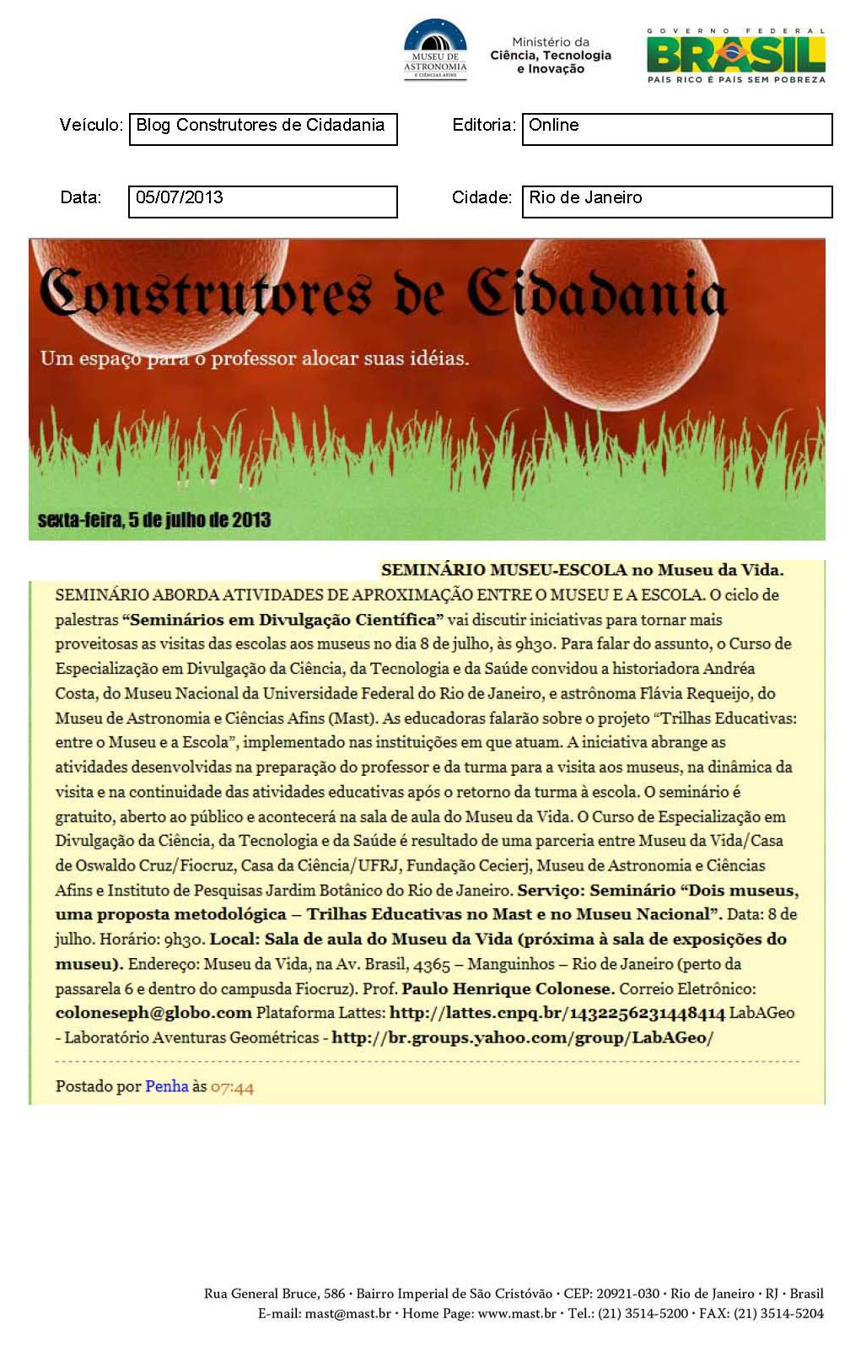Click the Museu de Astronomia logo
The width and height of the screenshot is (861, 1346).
[435, 50]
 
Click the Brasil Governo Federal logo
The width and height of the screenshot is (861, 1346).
[735, 56]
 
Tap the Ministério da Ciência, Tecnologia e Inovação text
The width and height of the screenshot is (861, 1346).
[551, 56]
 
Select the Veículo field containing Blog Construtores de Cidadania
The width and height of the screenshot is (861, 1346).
[263, 129]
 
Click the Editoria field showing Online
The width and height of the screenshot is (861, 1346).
[676, 129]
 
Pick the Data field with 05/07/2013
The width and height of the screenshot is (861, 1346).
[262, 202]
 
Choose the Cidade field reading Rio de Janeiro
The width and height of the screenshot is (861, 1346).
[676, 202]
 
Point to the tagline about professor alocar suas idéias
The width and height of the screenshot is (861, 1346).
[255, 358]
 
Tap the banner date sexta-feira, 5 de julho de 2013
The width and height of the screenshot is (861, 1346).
[154, 520]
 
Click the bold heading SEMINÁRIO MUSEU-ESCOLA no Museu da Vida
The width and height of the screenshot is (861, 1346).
[582, 570]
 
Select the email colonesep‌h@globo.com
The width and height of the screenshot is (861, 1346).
[153, 1013]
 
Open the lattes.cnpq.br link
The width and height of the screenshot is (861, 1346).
[557, 1013]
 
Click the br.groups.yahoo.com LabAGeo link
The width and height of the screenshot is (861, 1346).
[522, 1038]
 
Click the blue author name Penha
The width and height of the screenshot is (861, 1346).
[166, 1086]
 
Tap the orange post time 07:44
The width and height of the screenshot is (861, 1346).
[232, 1087]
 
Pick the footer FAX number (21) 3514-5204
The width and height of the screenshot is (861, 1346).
[778, 1313]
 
